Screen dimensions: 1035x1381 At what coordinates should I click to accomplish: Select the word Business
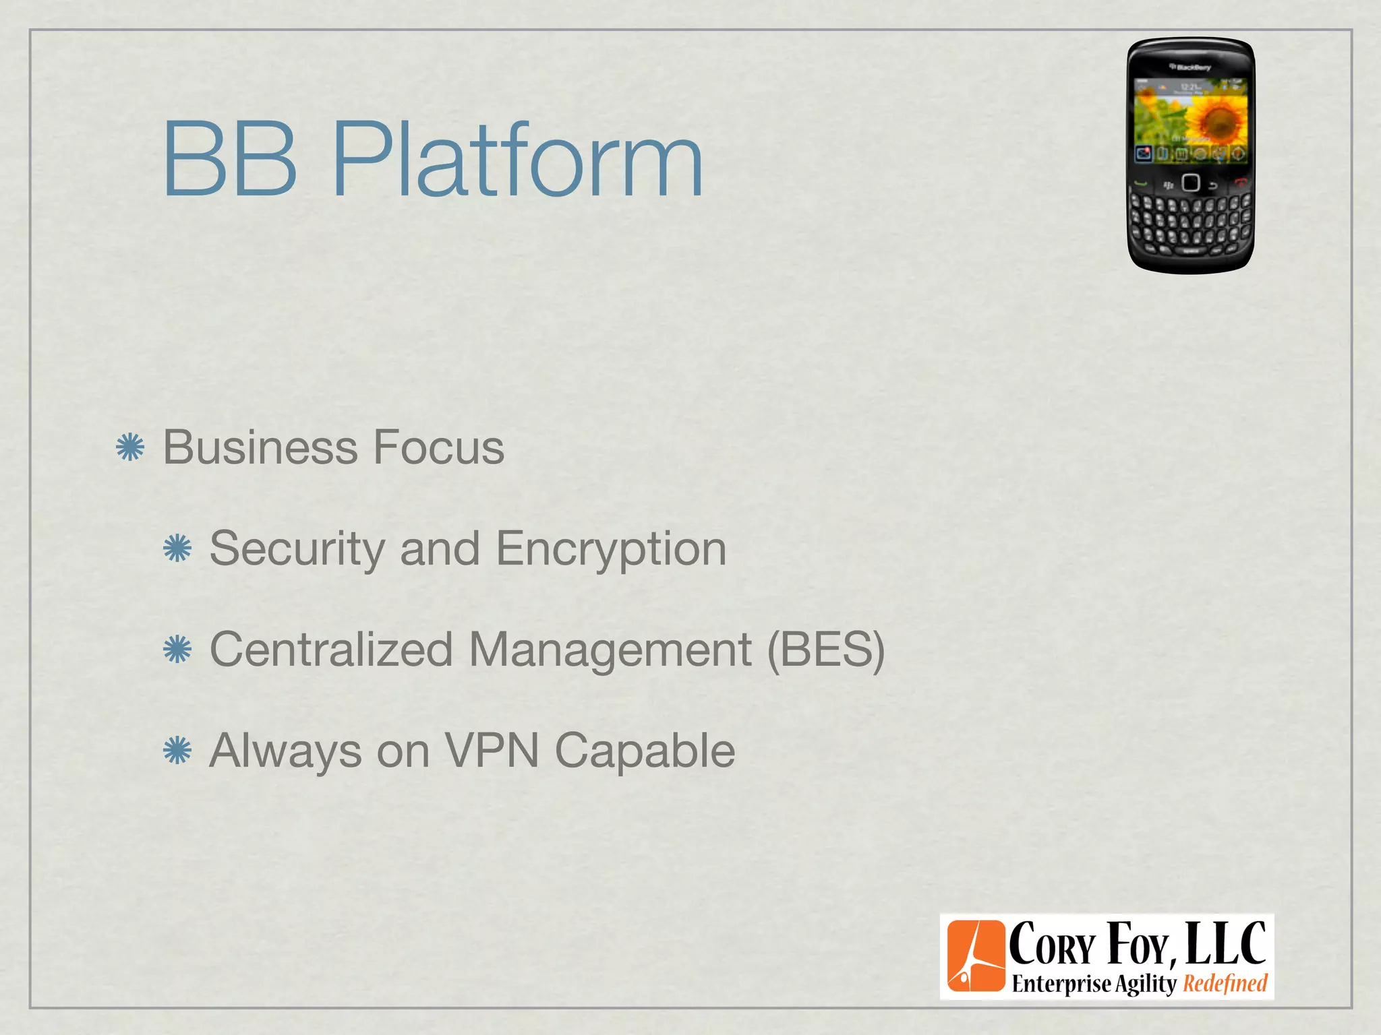(260, 447)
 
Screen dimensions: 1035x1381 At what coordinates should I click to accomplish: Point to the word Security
(297, 550)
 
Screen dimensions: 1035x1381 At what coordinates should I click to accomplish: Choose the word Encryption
(611, 550)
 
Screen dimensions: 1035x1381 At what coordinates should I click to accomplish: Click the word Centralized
(331, 650)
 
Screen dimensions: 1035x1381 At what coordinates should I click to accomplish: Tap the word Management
(610, 651)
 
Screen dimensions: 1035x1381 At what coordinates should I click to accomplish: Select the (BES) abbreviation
(826, 650)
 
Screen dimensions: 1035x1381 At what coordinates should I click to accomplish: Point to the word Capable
(645, 751)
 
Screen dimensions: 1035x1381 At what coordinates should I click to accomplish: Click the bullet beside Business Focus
(130, 448)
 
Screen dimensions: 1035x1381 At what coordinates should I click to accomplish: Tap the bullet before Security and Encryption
(177, 548)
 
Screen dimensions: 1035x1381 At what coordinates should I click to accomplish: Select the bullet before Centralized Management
(177, 650)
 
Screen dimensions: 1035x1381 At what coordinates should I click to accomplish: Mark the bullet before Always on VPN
(177, 751)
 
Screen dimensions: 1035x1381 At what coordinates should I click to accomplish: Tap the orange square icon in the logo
(976, 956)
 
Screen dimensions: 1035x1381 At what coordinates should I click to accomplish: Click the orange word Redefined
(1225, 984)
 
